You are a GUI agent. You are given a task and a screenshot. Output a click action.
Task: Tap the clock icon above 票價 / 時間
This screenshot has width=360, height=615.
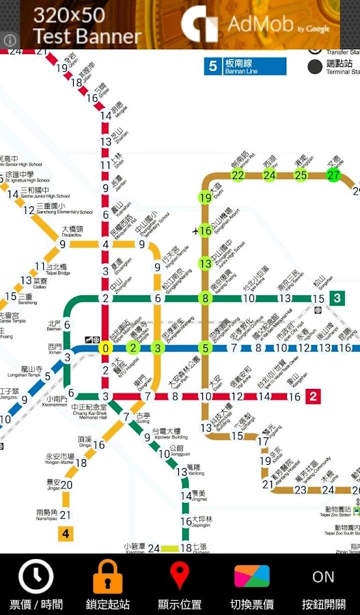click(x=36, y=577)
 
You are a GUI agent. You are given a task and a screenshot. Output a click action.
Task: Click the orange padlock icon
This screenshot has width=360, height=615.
click(x=107, y=577)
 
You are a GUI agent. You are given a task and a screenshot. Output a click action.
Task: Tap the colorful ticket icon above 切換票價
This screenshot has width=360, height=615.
click(x=251, y=577)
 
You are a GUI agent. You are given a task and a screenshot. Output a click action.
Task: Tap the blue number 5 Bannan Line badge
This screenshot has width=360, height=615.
click(x=213, y=66)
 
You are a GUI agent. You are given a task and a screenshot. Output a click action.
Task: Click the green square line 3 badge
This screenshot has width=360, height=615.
click(x=337, y=298)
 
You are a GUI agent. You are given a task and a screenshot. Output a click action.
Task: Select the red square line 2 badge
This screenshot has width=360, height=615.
click(x=314, y=396)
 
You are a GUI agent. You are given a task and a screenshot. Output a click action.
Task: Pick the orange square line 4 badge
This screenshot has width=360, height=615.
click(x=66, y=534)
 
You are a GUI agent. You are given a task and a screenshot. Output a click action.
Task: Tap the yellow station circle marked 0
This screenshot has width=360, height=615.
click(x=105, y=348)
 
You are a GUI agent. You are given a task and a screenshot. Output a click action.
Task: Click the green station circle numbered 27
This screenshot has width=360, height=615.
click(x=333, y=175)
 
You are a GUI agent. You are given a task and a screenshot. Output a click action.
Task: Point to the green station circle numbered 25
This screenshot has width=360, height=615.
click(x=301, y=175)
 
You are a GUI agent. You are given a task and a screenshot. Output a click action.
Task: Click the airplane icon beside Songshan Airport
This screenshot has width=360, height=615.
click(x=197, y=230)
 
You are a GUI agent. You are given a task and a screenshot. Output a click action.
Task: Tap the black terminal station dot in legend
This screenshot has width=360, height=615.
click(x=315, y=66)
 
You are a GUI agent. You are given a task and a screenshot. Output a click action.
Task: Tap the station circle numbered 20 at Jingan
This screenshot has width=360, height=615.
click(x=66, y=485)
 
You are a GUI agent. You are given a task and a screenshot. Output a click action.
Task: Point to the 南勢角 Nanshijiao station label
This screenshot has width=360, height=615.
click(x=46, y=515)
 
